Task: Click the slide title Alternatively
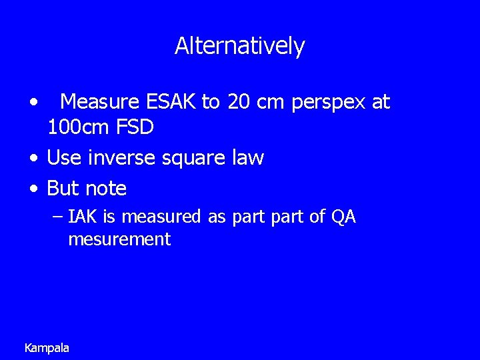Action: click(x=239, y=46)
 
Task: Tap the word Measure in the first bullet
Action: click(x=99, y=102)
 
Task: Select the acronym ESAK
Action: click(x=169, y=102)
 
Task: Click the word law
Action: click(x=248, y=158)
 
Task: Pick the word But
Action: click(x=62, y=189)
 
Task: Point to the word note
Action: click(x=105, y=189)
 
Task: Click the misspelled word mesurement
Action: click(x=119, y=239)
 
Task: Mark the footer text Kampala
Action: click(x=47, y=347)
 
